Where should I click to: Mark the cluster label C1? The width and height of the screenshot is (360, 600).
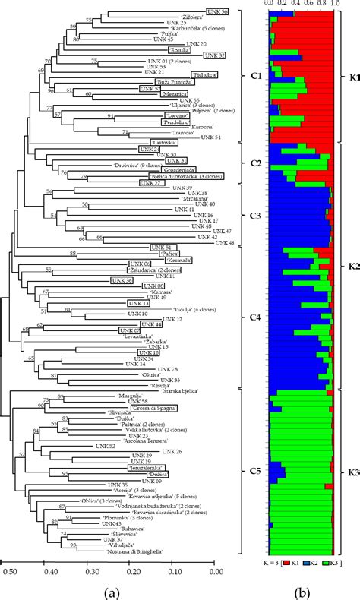[254, 75]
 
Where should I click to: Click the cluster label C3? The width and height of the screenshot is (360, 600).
[254, 216]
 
